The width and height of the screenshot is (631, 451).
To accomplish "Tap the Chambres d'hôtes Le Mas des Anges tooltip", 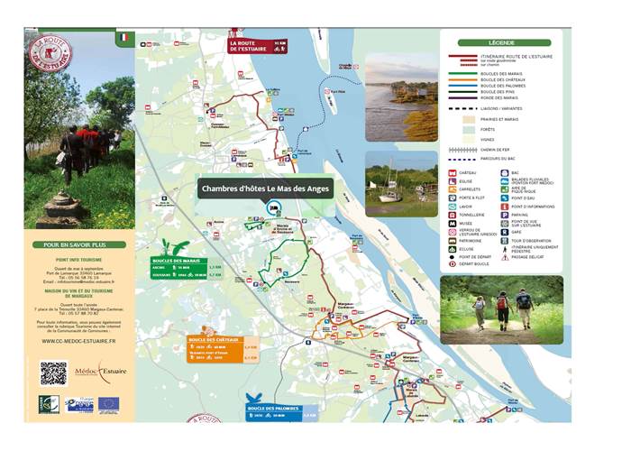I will coord(266,189).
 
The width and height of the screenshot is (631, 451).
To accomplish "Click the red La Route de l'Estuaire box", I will coord(257,45).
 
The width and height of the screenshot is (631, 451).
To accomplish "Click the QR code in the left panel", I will coord(53,373).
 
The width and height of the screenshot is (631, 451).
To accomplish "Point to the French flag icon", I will coord(125,38).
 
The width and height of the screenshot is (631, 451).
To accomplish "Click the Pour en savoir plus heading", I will coord(79,244).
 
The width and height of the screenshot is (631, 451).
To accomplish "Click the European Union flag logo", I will coord(108,405).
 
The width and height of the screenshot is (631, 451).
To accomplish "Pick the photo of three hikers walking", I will coord(501,309).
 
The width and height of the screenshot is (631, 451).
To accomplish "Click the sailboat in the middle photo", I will coord(390,183).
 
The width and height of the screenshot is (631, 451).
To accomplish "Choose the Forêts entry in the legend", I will coord(480,130).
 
